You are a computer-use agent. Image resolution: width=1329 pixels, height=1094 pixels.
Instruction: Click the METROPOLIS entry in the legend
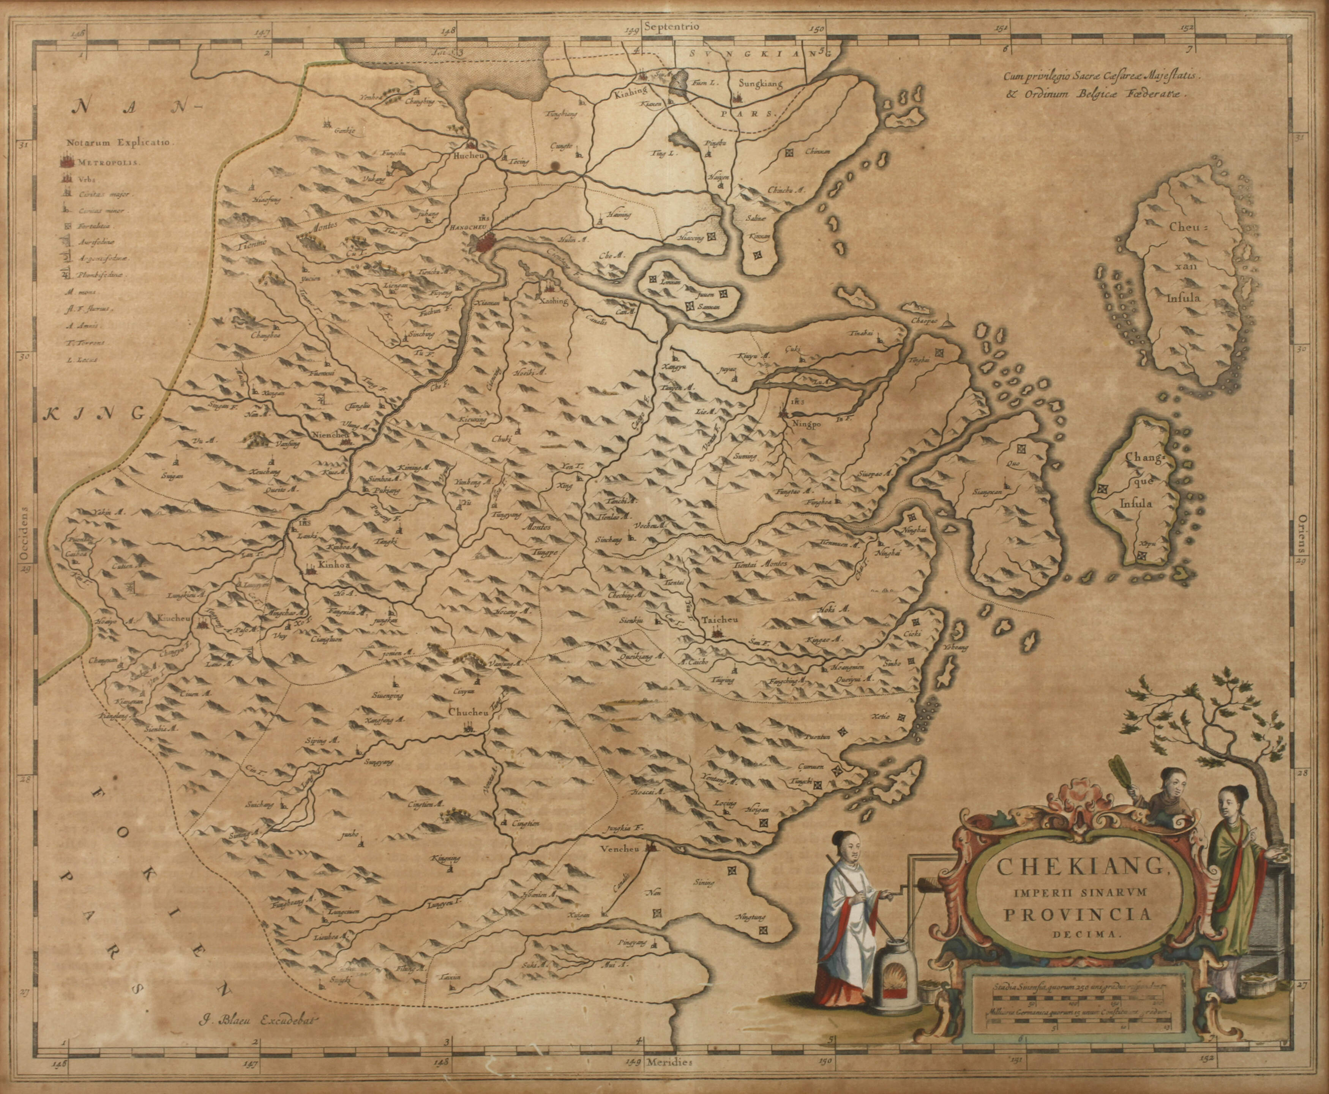tap(111, 161)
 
